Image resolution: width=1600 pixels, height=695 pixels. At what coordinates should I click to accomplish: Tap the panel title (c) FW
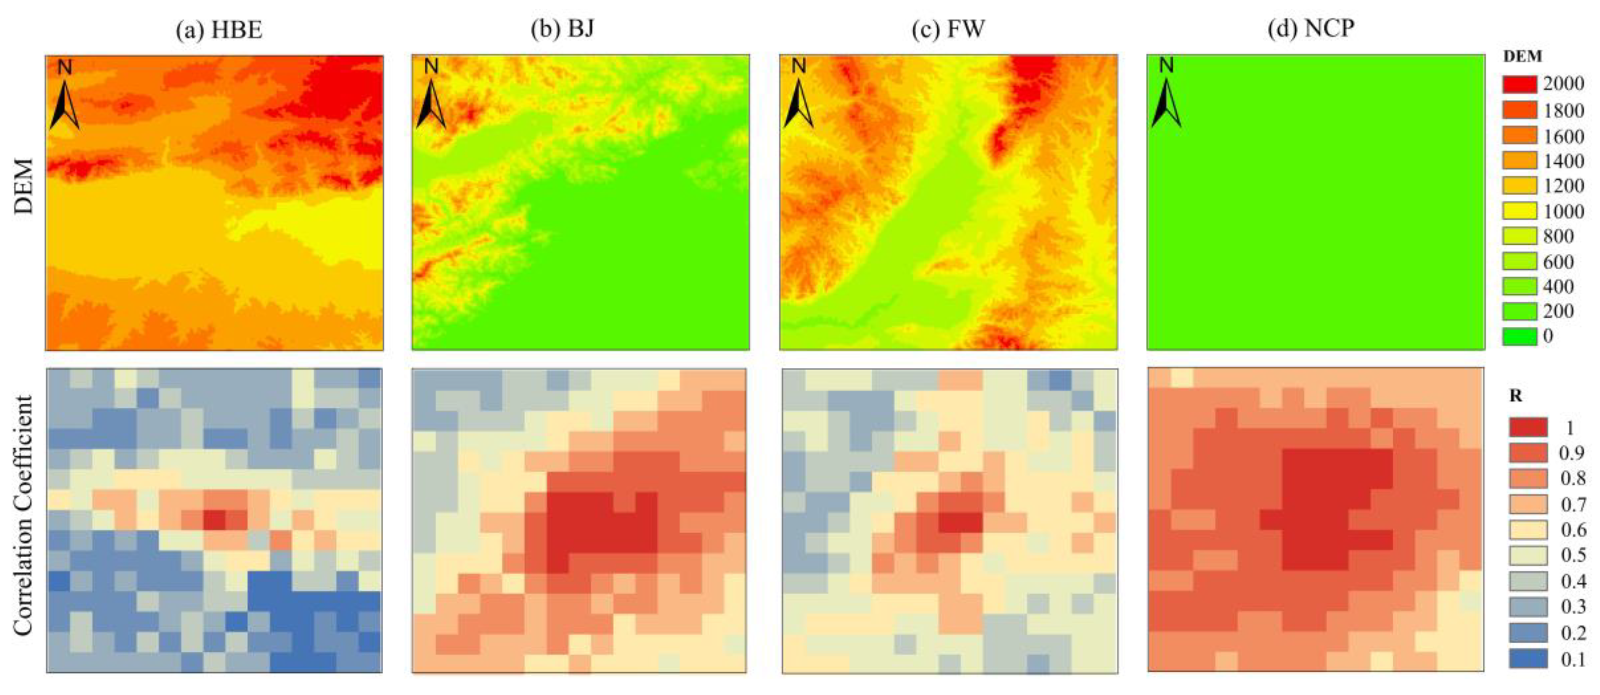click(x=948, y=29)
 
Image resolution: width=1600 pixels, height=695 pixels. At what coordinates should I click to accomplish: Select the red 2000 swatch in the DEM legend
click(x=1519, y=84)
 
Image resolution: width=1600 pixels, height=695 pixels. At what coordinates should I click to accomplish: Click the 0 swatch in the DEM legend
click(x=1519, y=336)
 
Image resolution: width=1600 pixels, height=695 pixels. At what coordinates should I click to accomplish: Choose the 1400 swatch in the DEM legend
click(x=1519, y=161)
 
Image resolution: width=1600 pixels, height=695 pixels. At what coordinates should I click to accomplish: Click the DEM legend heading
click(x=1522, y=57)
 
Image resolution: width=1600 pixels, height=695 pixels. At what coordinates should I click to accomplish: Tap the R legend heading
click(x=1516, y=396)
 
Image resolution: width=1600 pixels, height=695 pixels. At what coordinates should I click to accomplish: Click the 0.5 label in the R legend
click(x=1573, y=555)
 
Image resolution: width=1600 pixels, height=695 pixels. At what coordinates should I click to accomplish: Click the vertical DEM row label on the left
click(x=23, y=186)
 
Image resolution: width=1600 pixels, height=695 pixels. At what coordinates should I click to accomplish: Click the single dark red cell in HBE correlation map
click(x=214, y=519)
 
